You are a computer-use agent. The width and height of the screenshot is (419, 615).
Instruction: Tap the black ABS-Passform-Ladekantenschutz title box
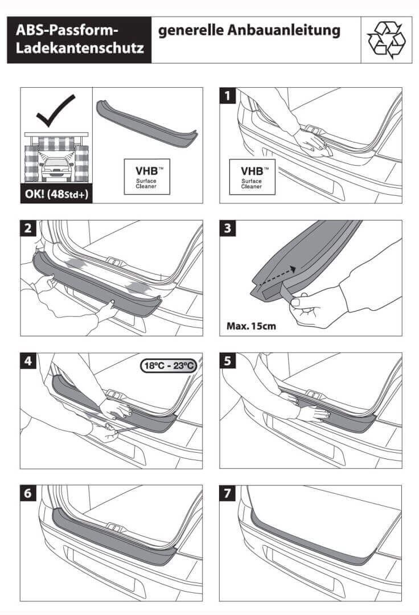tap(79, 39)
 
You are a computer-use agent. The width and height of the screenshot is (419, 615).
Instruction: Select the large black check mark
tap(55, 110)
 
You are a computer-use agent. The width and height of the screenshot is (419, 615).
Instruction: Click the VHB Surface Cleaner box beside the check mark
tap(147, 177)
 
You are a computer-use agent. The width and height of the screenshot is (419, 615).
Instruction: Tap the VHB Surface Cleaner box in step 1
tap(252, 177)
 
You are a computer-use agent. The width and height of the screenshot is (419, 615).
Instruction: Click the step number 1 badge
tap(228, 96)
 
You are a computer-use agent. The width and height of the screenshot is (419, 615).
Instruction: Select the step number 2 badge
tap(28, 229)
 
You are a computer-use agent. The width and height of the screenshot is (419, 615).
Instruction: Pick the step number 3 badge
tap(228, 229)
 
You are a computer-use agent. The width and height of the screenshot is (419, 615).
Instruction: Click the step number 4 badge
tap(28, 362)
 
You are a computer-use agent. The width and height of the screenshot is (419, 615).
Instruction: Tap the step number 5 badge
tap(228, 362)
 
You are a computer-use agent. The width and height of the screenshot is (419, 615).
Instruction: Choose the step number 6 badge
tap(28, 494)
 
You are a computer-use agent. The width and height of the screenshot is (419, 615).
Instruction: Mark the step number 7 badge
tap(228, 494)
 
